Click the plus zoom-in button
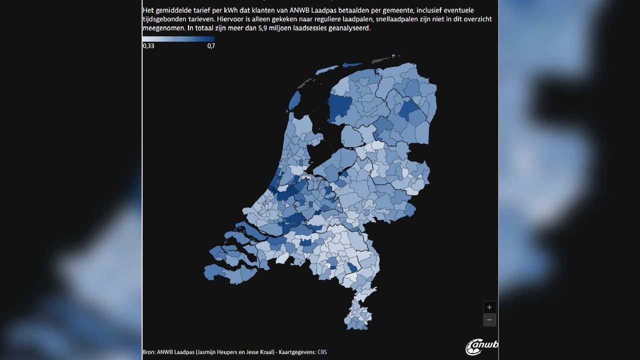click(489, 307)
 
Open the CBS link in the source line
click(322, 352)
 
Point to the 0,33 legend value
click(148, 46)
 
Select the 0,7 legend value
click(210, 46)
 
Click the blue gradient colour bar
click(178, 38)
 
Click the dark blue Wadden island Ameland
click(351, 64)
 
